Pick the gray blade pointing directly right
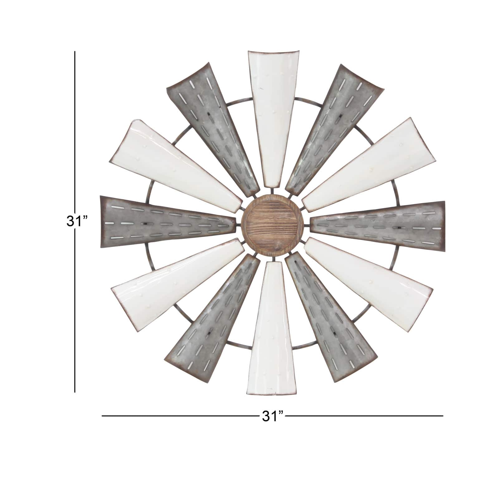coord(380,225)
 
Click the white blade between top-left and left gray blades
coord(178,168)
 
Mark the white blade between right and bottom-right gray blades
coord(368,274)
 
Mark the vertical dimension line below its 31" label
coord(75,312)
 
